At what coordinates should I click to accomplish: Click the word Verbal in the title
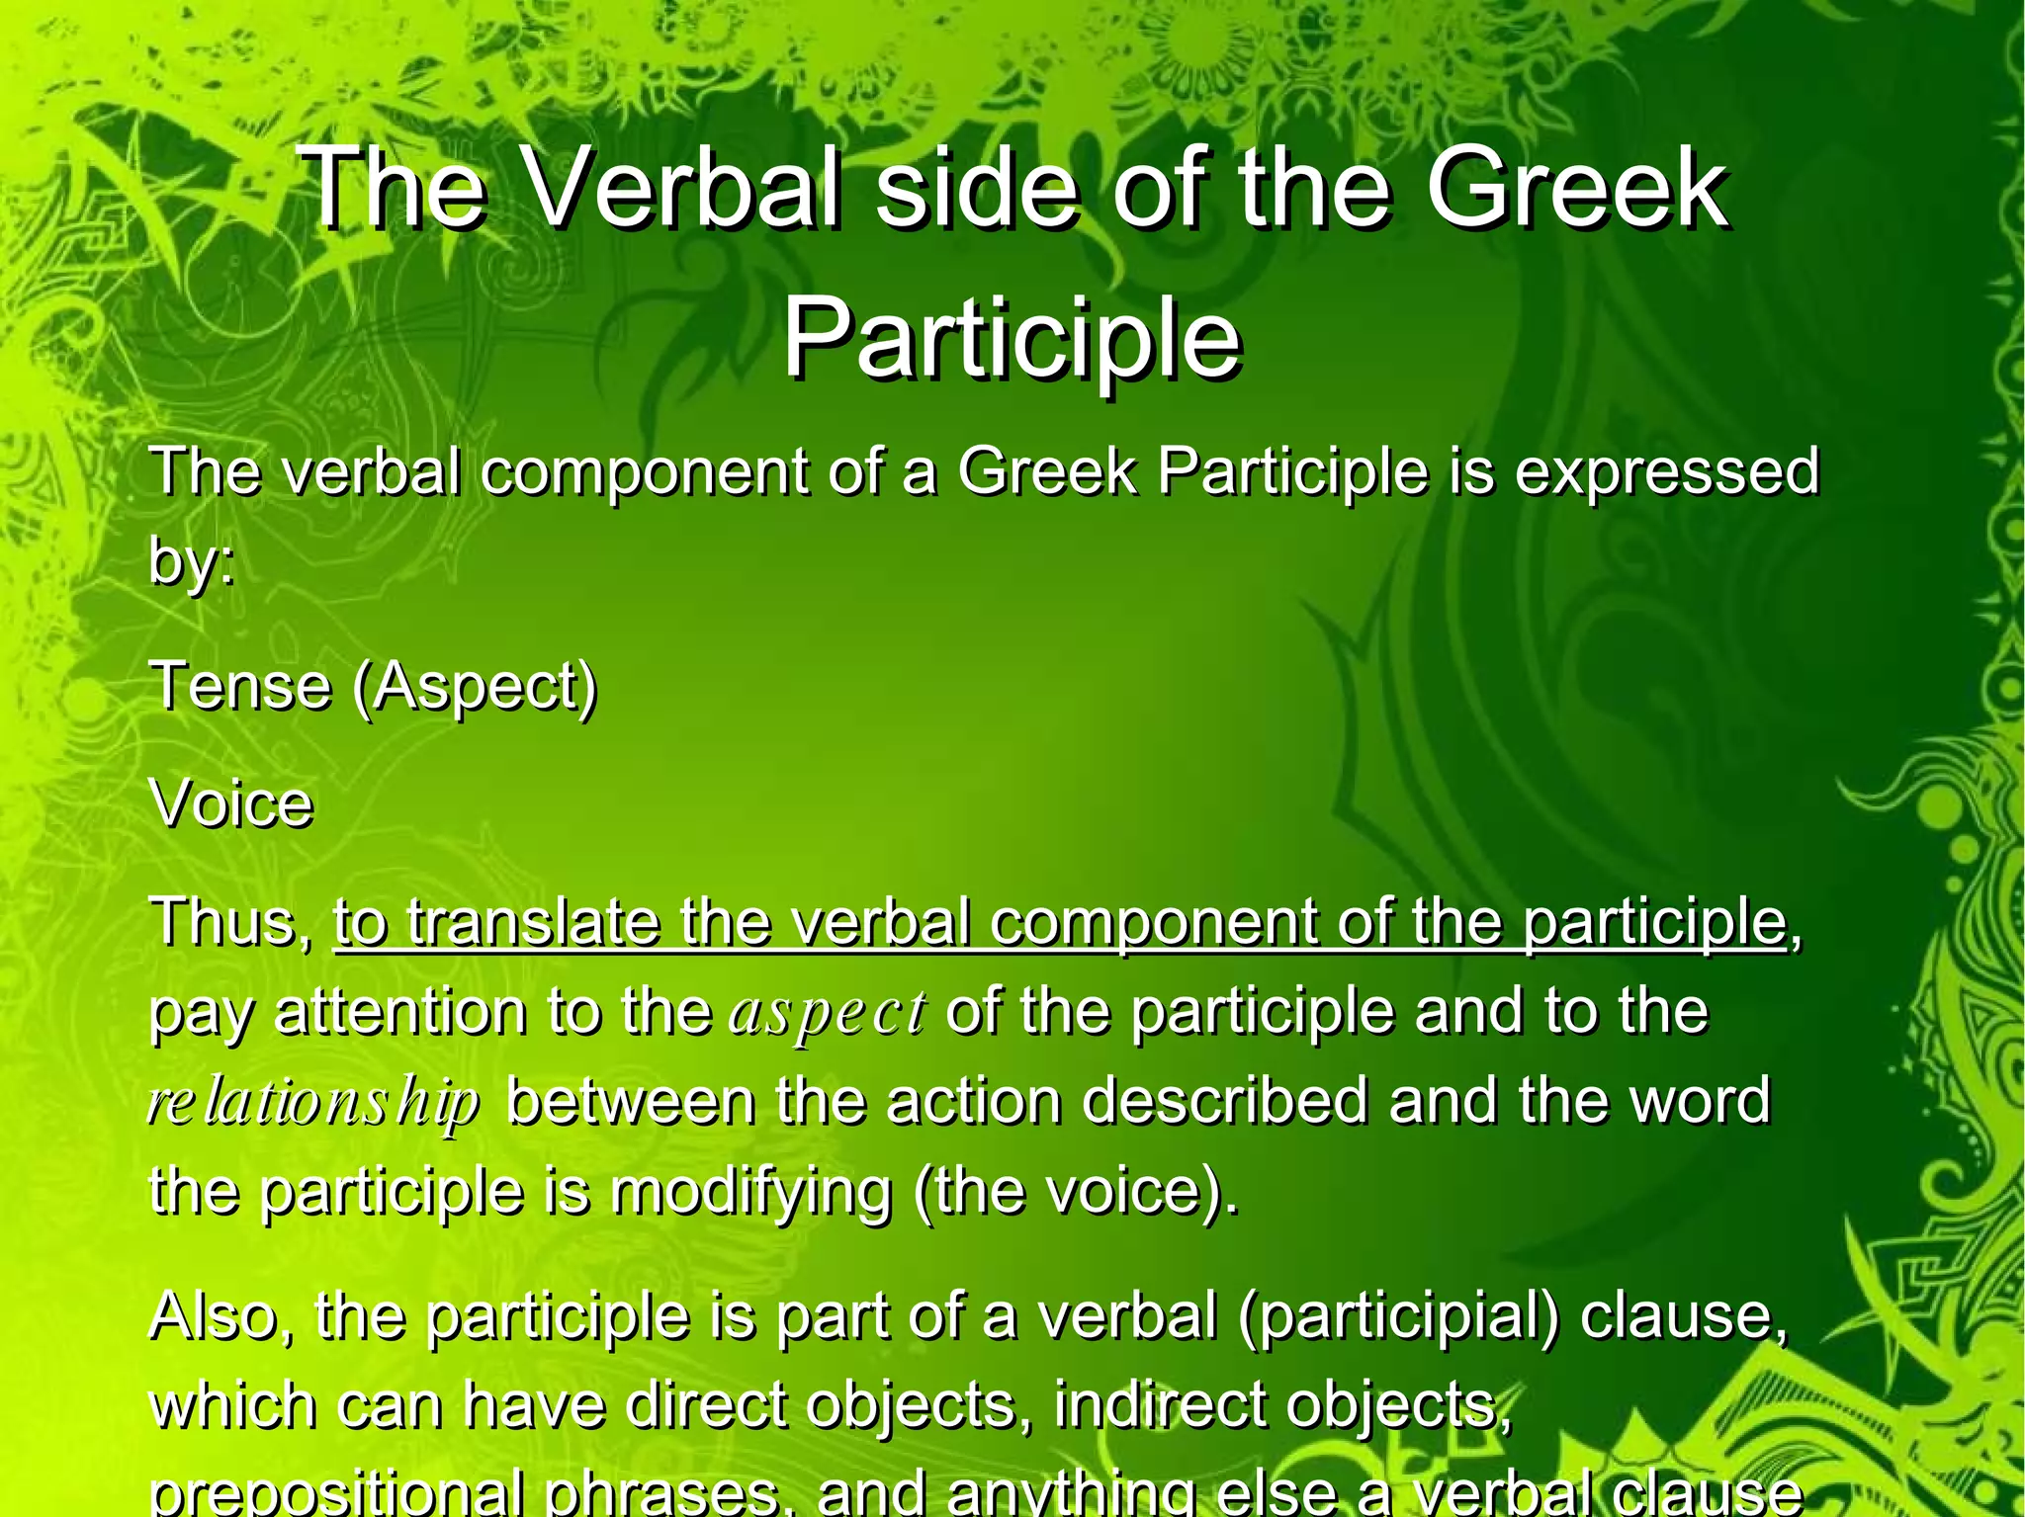(683, 188)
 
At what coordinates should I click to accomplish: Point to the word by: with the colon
(192, 560)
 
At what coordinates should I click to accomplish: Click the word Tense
(240, 685)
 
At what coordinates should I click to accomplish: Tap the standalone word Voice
(231, 803)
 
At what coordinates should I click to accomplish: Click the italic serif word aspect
(828, 1012)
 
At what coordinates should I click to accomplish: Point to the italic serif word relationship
(313, 1102)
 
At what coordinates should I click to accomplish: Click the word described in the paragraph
(1226, 1101)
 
